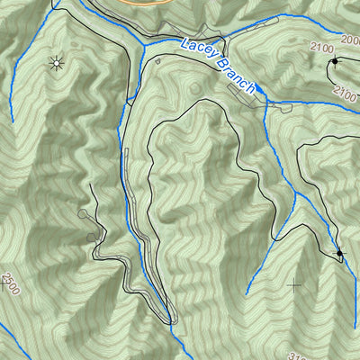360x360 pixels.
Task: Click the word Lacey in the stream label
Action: [199, 52]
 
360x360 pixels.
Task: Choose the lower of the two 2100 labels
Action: [346, 90]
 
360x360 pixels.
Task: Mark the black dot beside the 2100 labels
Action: [335, 61]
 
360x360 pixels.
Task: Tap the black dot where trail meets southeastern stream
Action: [339, 256]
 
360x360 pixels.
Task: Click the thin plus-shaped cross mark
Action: [293, 286]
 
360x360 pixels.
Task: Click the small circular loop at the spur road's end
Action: [84, 214]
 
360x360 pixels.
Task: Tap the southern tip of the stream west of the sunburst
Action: [11, 121]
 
